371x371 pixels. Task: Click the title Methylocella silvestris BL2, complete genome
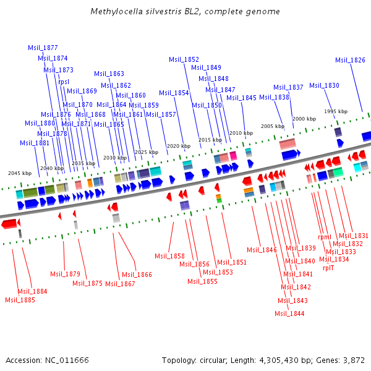(x=185, y=12)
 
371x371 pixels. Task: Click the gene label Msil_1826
(x=350, y=60)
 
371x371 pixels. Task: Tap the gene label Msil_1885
(x=20, y=300)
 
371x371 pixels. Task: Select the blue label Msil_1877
(x=43, y=48)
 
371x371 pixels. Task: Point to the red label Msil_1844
(x=290, y=313)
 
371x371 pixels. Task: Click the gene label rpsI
(x=64, y=81)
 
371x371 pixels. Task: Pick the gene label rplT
(x=328, y=268)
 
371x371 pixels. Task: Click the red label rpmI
(x=325, y=237)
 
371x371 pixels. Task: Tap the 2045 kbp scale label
(x=19, y=173)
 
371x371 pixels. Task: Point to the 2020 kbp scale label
(x=178, y=146)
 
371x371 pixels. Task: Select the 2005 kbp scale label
(x=272, y=126)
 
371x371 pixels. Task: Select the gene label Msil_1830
(x=324, y=85)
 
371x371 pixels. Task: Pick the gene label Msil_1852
(x=184, y=59)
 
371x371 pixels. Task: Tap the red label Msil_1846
(x=262, y=250)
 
